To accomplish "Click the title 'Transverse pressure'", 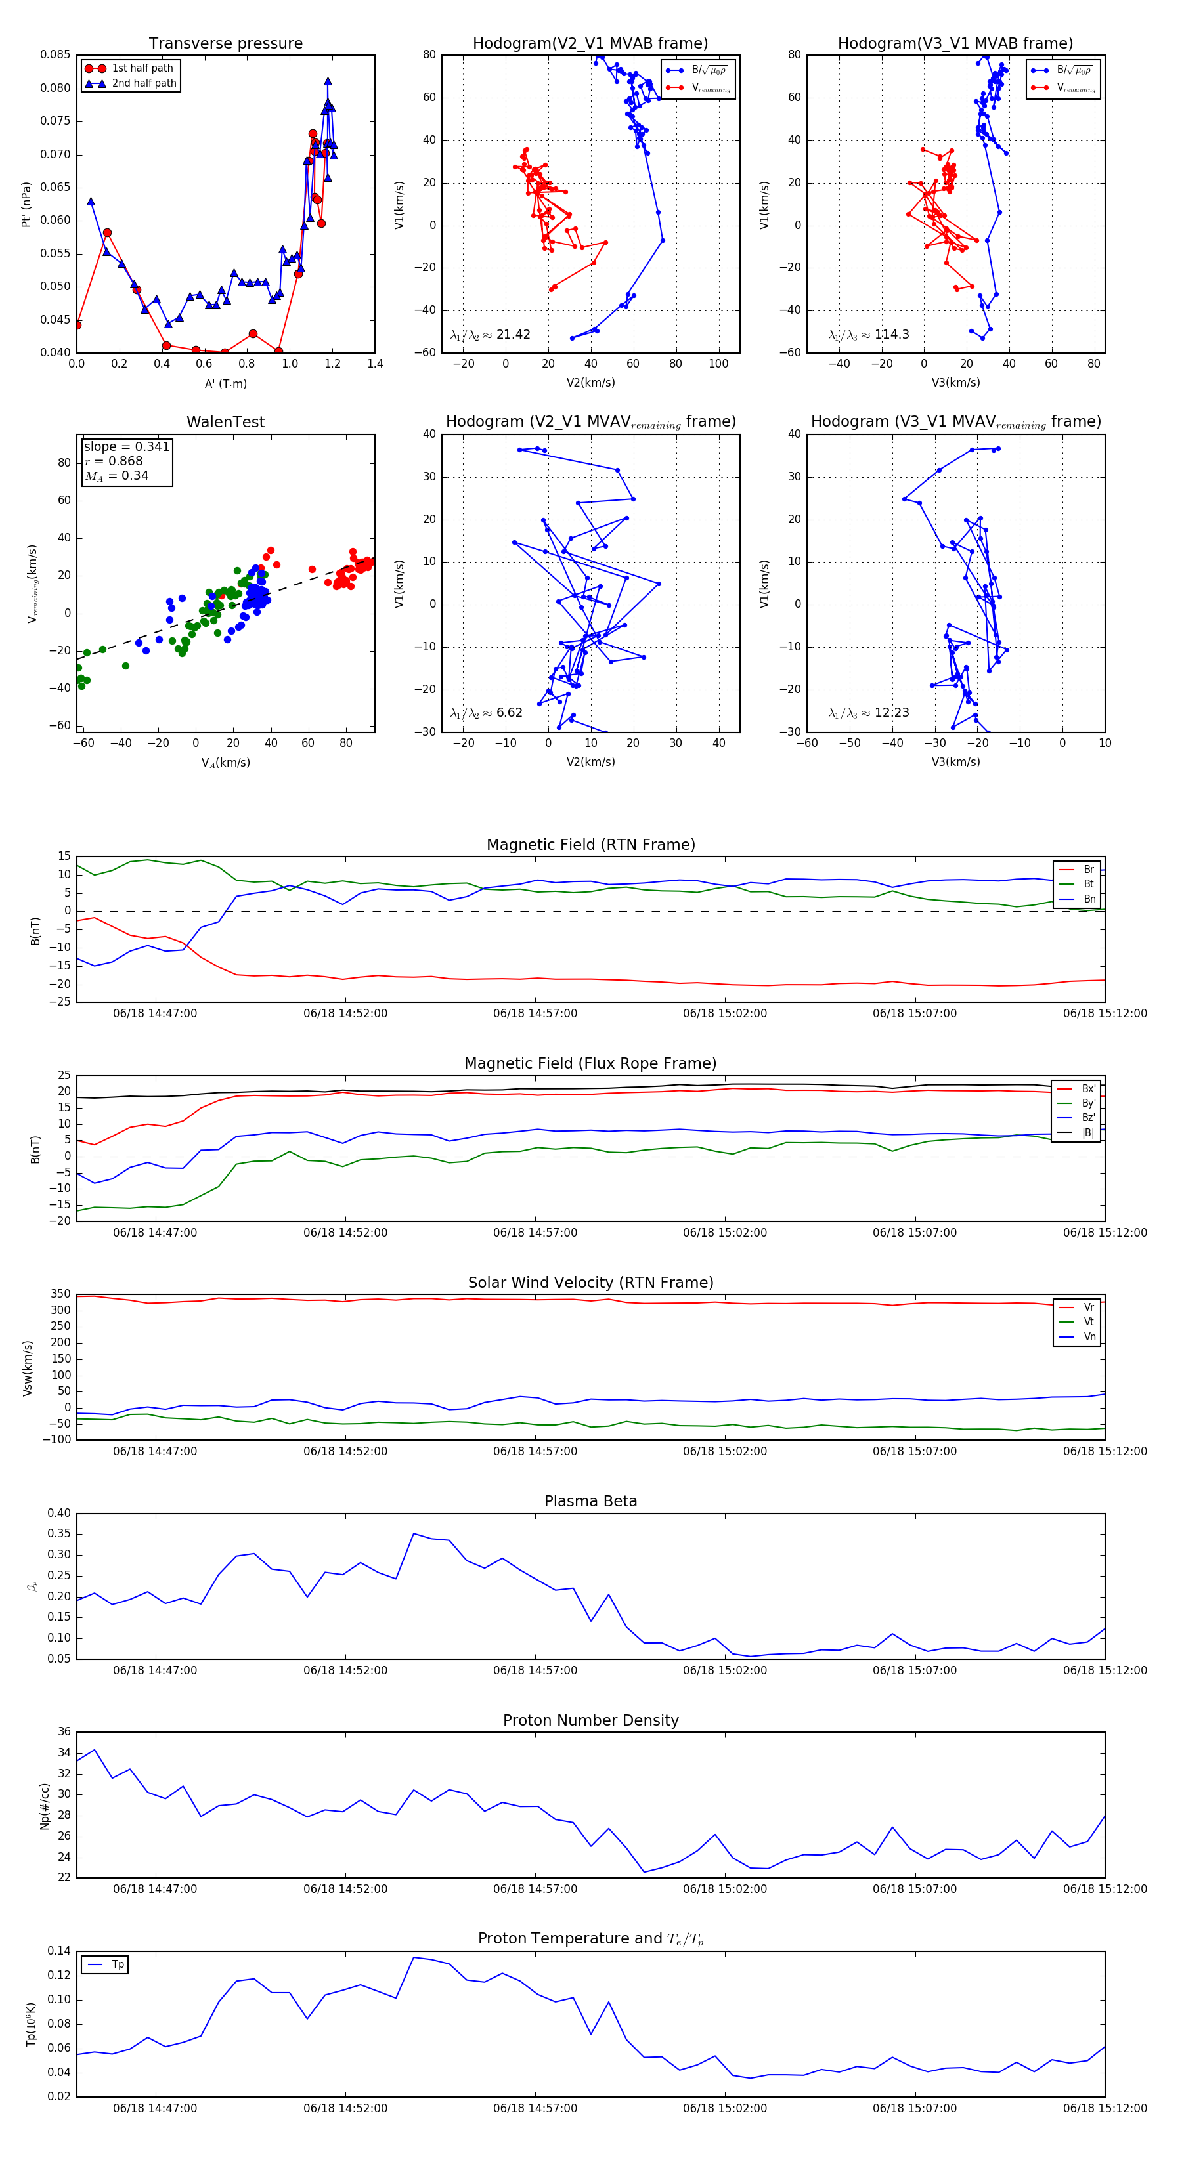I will coord(225,44).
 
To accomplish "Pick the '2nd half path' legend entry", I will coord(144,83).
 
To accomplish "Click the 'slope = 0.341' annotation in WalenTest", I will coord(126,446).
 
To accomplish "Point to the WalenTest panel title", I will coord(225,422).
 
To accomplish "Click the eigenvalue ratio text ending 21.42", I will coord(491,335).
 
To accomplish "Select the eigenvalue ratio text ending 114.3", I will coord(868,335).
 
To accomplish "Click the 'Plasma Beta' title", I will coord(590,1501).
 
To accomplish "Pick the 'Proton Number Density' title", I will coord(590,1720).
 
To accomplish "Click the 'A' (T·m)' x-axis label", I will coord(225,383).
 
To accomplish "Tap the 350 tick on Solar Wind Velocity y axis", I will coord(60,1294).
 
